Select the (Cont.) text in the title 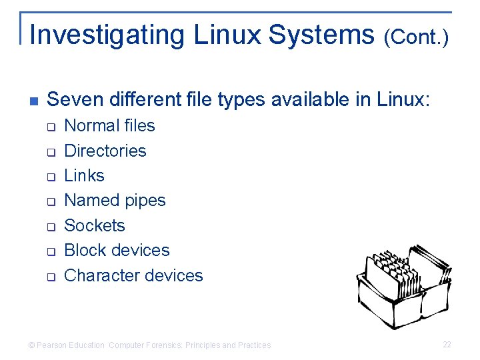pos(416,37)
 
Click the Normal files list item pos(109,125)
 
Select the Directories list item pos(105,151)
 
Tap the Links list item pos(84,175)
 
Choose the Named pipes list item pos(115,200)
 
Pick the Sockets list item pos(94,225)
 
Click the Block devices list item pos(117,250)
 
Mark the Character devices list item pos(133,275)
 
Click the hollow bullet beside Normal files pos(50,127)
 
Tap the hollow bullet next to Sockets pos(50,227)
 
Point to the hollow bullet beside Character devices pos(50,277)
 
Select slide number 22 pos(447,345)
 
